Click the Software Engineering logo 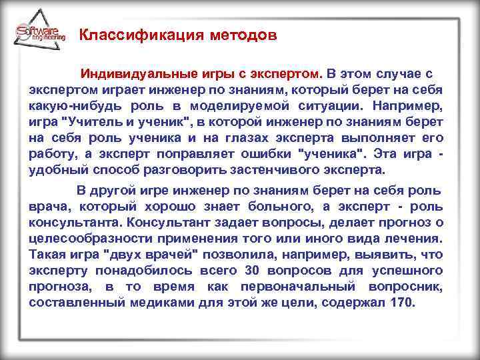pos(39,33)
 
